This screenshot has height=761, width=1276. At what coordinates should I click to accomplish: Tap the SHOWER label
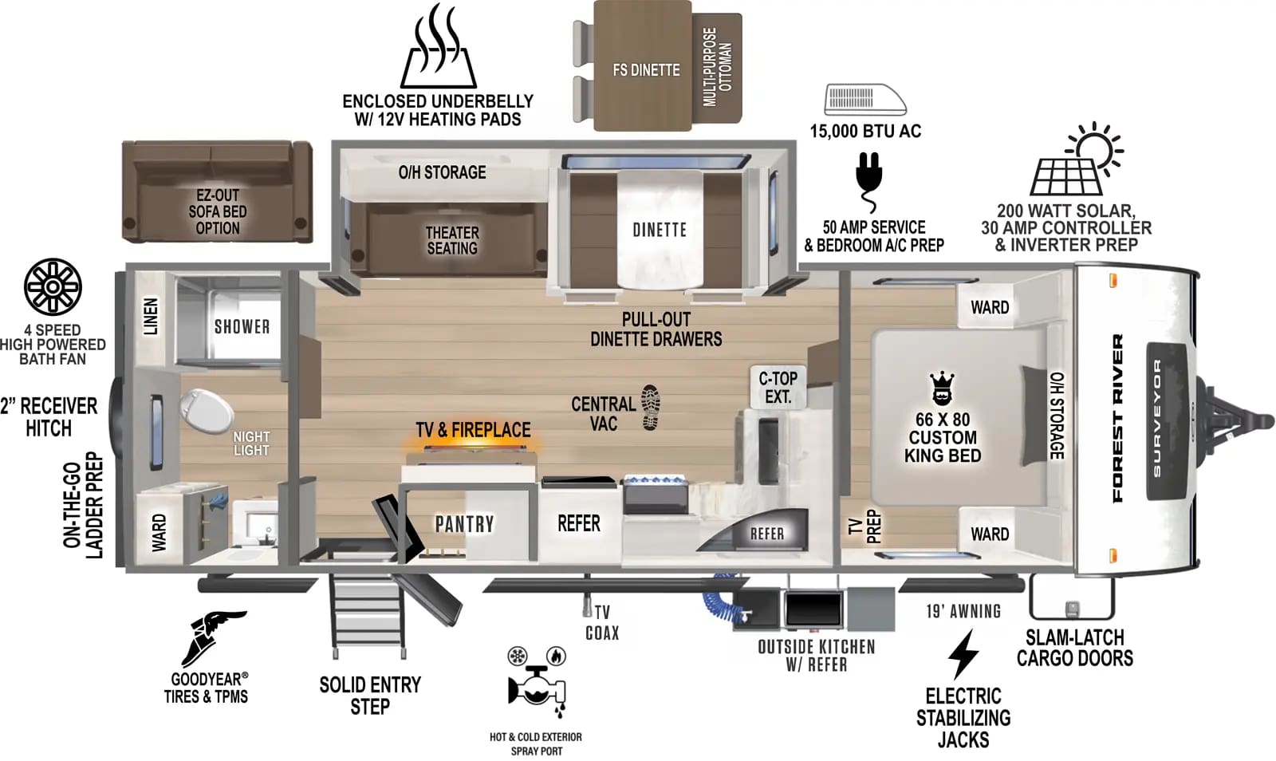tap(242, 326)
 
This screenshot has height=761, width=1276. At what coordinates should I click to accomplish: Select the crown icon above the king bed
tap(943, 388)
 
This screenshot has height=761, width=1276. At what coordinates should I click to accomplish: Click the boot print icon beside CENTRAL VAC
tap(651, 408)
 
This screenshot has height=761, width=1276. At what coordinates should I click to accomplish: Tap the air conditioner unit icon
tap(864, 100)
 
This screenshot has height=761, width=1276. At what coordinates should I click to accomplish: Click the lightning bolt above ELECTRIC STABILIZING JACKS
tap(963, 654)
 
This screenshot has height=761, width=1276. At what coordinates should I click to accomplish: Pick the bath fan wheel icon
tap(53, 287)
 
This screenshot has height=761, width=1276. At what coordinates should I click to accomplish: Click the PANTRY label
tap(464, 524)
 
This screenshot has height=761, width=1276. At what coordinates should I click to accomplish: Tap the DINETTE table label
tap(660, 230)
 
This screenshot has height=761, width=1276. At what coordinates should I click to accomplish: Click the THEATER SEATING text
tap(451, 240)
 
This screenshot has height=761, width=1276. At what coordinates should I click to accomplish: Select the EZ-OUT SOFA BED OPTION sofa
tap(217, 191)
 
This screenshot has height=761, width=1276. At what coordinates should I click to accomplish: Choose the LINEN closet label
tap(150, 315)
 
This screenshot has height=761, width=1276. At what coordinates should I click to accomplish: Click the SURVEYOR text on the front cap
tap(1157, 419)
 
